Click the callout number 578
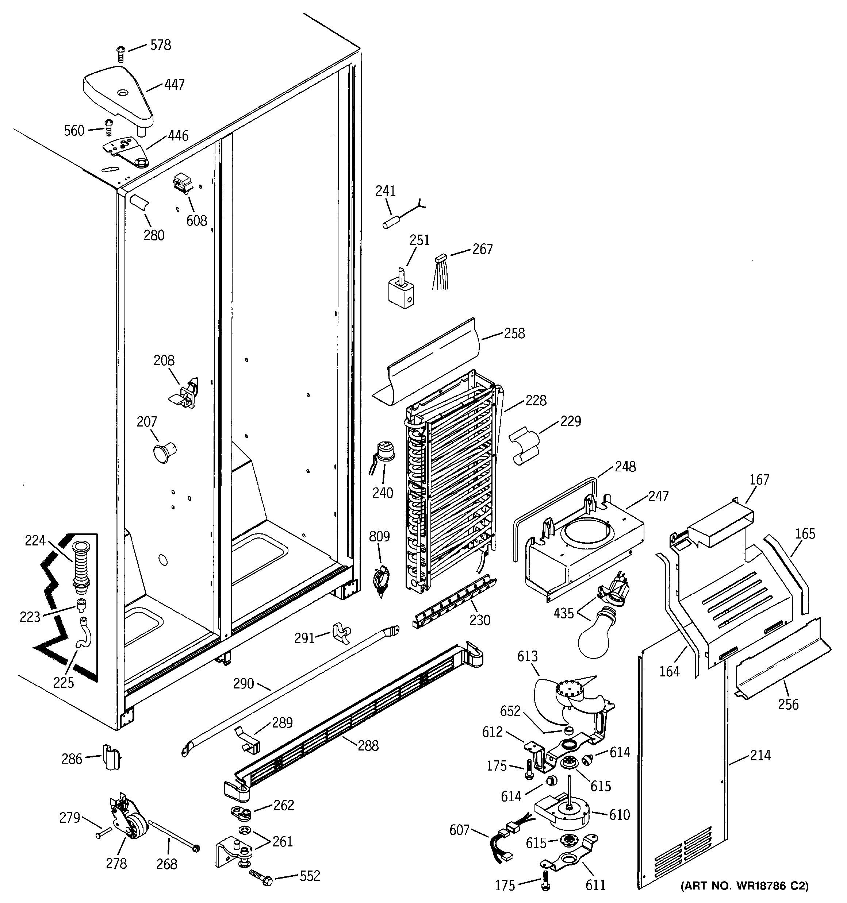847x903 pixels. tap(161, 45)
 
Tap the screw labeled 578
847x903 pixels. tap(120, 54)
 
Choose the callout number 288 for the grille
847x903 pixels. tap(368, 745)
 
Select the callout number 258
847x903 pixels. tap(514, 333)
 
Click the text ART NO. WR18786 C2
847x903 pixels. tap(745, 885)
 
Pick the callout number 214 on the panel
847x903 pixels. tap(760, 755)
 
